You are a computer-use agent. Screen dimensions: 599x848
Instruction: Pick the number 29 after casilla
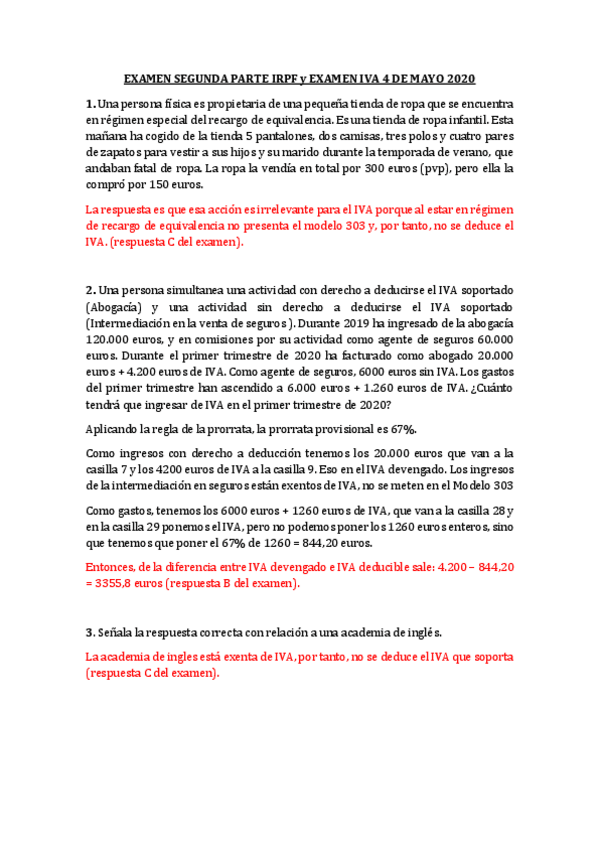pyautogui.click(x=154, y=527)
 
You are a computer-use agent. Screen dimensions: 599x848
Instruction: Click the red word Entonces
pyautogui.click(x=113, y=567)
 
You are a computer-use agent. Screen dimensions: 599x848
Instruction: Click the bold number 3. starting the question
pyautogui.click(x=90, y=633)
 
